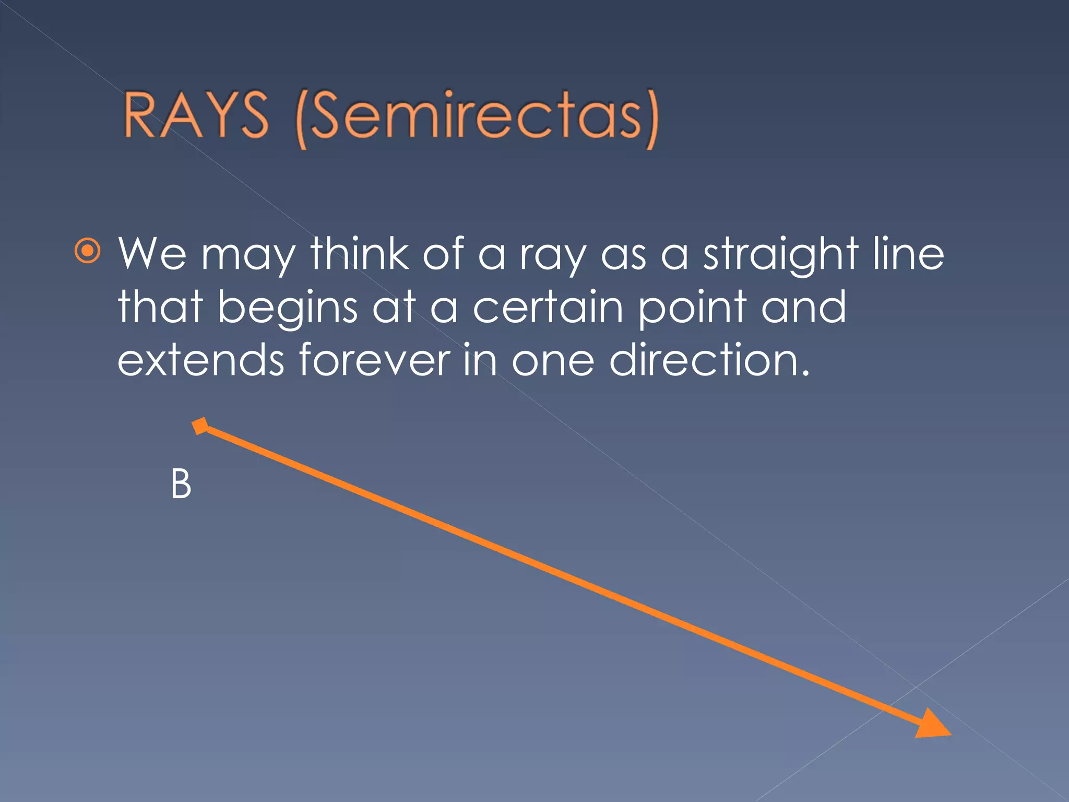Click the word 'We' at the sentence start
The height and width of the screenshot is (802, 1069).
coord(152,254)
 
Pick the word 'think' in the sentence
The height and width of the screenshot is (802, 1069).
coord(360,254)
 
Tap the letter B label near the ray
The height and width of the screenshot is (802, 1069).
coord(181,485)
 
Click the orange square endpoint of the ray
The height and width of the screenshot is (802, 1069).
coord(200,426)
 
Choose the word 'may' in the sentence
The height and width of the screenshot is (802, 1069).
coord(248,258)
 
